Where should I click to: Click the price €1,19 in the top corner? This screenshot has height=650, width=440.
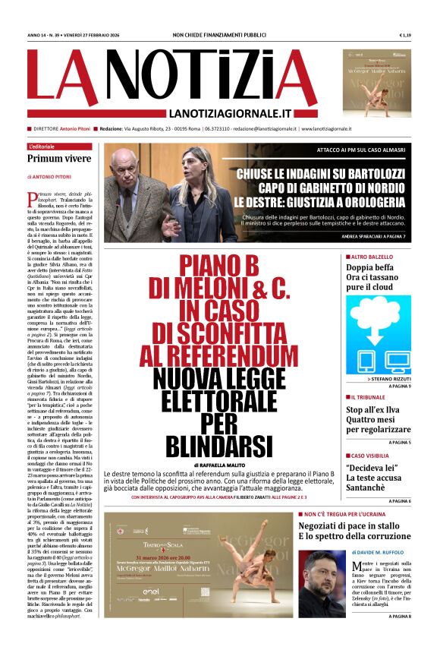coord(405,35)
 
